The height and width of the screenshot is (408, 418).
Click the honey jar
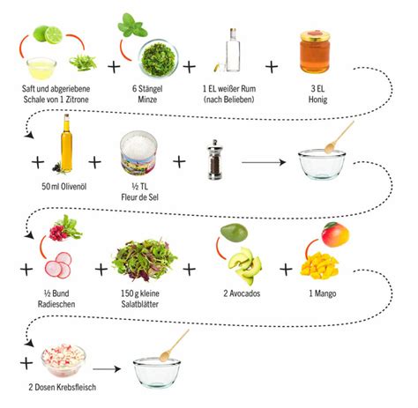315,51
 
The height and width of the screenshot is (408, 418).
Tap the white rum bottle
233,50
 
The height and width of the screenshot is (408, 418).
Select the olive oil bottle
66,143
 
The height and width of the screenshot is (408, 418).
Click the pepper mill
215,159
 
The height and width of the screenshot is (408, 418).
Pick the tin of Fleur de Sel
138,152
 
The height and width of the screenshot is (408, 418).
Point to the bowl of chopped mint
159,58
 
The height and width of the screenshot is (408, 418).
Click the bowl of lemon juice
41,68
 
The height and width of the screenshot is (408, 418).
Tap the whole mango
335,234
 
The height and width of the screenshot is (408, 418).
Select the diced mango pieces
319,265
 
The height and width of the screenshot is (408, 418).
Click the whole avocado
234,233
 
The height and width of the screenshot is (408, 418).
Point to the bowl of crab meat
63,360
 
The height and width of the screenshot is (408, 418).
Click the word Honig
317,100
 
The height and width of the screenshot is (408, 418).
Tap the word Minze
147,99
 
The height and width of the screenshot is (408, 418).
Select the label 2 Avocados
242,293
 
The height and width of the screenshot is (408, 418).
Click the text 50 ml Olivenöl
64,186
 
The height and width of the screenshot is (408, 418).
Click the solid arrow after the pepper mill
264,162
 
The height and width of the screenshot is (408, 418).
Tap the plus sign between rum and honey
272,67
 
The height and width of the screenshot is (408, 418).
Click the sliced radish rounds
58,265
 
